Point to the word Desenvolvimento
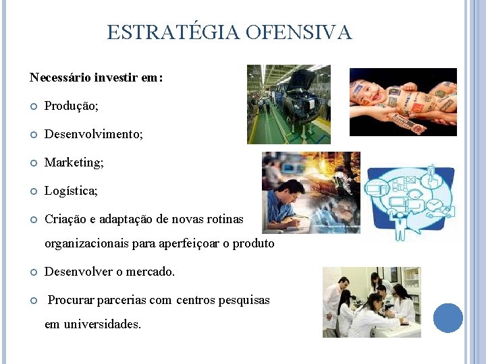[93, 135]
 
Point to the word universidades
[102, 324]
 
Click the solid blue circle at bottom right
[448, 318]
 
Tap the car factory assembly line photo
[288, 104]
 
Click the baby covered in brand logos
[402, 102]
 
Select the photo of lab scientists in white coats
[371, 302]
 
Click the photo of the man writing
[310, 192]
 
